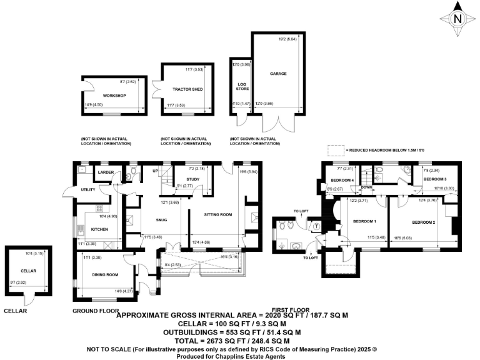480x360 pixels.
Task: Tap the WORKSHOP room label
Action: pyautogui.click(x=114, y=96)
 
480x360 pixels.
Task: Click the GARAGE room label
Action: pyautogui.click(x=278, y=74)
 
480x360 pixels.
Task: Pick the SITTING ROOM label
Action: pyautogui.click(x=217, y=214)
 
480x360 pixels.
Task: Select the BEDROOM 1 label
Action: pyautogui.click(x=364, y=222)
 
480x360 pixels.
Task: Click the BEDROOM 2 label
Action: pyautogui.click(x=424, y=222)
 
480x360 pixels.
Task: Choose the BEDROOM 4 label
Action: pyautogui.click(x=342, y=181)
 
